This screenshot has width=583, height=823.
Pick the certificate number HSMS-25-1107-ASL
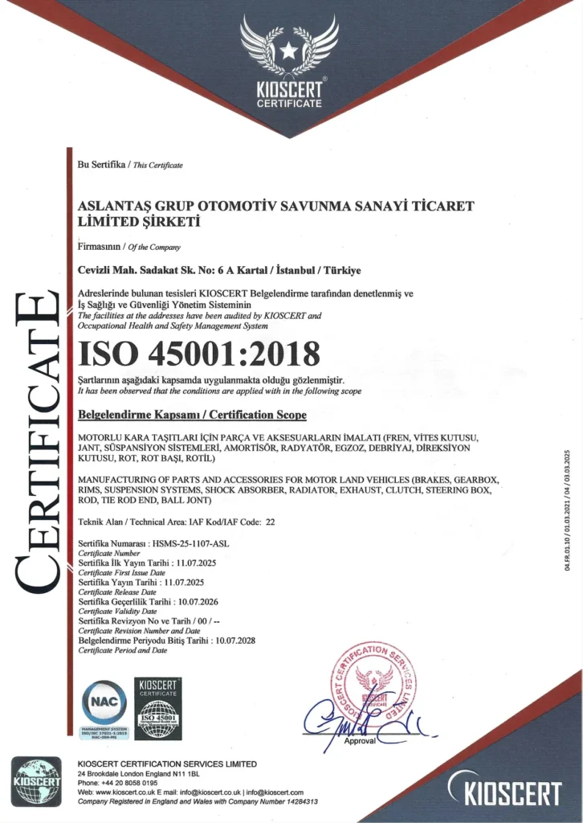point(190,544)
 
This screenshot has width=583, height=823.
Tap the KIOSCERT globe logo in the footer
point(36,781)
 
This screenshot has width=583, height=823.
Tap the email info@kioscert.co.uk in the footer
point(210,792)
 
